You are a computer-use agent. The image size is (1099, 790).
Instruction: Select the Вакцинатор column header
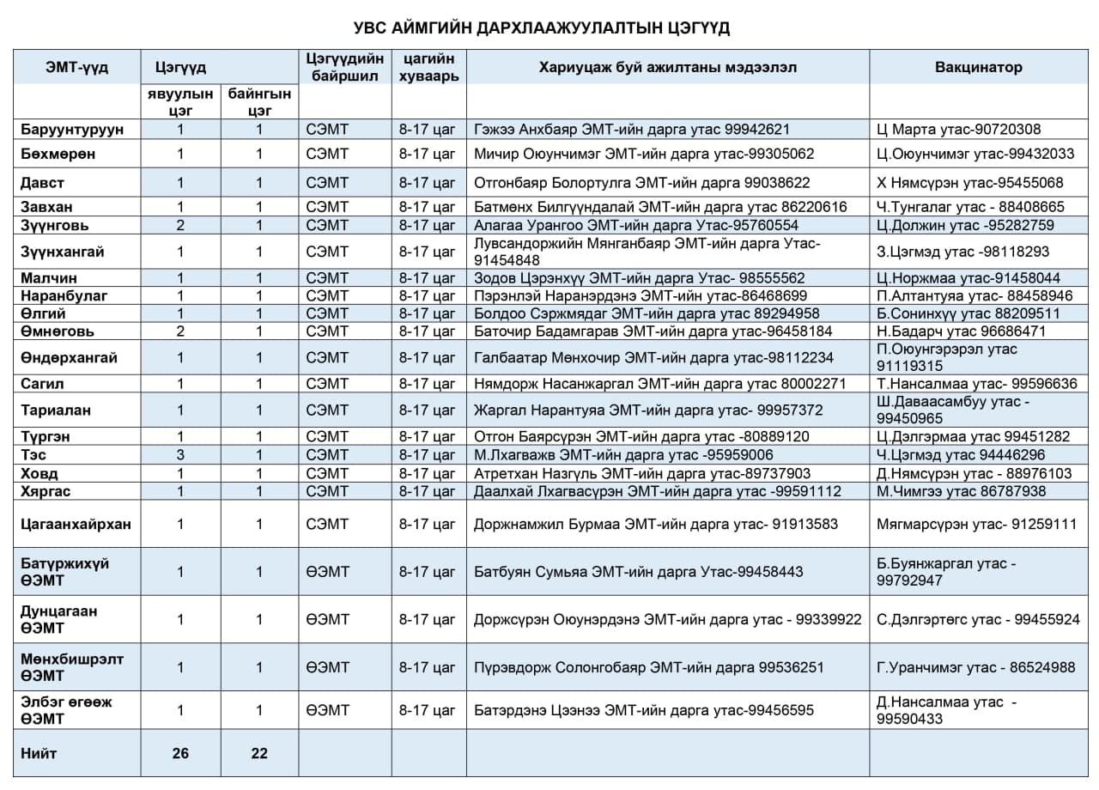[979, 67]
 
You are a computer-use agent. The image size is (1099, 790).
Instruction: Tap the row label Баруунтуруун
[73, 130]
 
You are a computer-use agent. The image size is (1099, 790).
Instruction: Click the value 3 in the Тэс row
[180, 455]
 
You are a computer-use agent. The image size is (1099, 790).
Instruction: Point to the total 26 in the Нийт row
[180, 753]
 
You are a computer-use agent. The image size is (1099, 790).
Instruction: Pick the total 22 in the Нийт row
[259, 753]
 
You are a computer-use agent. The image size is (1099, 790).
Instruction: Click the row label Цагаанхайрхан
[76, 524]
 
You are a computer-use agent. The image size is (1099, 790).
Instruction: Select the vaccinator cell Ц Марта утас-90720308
[959, 130]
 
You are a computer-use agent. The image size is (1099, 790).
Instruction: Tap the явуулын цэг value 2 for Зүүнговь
[180, 225]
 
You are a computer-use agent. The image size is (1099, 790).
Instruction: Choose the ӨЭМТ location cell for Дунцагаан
[328, 619]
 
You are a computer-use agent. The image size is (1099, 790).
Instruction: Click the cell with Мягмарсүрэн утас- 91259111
[976, 524]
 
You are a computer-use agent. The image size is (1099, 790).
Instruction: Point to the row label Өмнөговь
[58, 331]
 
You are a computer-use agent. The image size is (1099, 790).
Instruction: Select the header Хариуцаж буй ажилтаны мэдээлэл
[667, 67]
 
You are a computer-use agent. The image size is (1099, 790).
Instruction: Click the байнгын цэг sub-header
[259, 102]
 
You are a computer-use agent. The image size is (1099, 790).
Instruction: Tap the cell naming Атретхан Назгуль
[642, 473]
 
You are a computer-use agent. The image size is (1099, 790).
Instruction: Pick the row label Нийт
[39, 753]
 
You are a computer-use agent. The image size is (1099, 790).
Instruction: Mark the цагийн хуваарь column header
[428, 67]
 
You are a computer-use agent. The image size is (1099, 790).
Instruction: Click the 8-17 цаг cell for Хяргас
[428, 491]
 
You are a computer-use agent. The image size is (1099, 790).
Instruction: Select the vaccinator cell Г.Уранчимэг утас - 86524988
[975, 667]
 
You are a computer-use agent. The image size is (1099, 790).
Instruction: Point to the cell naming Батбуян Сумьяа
[639, 572]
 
